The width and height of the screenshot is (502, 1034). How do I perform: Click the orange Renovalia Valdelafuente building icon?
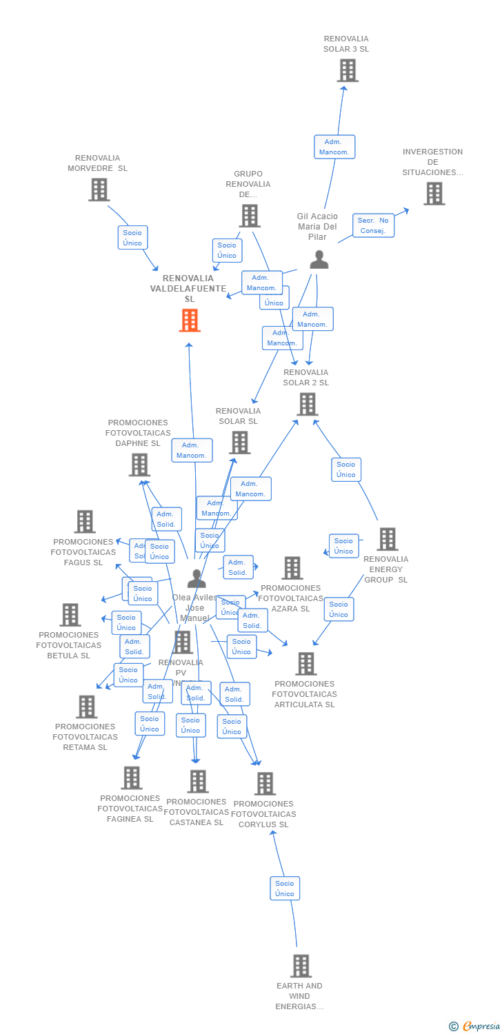click(x=190, y=321)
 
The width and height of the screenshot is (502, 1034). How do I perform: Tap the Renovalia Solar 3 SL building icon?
click(x=348, y=70)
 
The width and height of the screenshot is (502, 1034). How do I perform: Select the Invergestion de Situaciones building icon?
click(x=434, y=194)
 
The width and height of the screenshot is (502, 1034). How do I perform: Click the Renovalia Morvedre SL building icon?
click(x=99, y=190)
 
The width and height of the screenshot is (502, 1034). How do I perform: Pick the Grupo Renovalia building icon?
click(x=249, y=216)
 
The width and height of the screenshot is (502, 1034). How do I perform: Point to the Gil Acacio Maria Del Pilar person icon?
click(x=319, y=260)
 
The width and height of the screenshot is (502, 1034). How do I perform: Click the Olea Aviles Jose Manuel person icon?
click(x=197, y=578)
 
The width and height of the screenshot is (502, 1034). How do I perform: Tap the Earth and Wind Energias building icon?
click(x=301, y=966)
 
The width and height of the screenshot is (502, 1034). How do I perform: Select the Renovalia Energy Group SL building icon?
click(x=387, y=539)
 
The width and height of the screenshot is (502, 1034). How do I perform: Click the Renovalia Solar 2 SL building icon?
click(x=307, y=404)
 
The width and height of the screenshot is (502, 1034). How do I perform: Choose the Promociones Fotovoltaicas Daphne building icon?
click(x=139, y=465)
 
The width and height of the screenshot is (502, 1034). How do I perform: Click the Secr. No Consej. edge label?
click(x=373, y=225)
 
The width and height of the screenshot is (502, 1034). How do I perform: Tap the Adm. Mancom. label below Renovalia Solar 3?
click(x=334, y=147)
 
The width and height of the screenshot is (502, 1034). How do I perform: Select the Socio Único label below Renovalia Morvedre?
click(x=132, y=238)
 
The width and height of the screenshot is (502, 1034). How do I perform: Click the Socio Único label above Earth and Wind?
click(x=284, y=889)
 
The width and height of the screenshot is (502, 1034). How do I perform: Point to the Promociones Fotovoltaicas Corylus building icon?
click(x=265, y=784)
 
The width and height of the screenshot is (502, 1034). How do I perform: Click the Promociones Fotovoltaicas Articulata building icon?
click(x=305, y=664)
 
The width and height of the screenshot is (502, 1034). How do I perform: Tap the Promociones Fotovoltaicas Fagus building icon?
click(x=85, y=522)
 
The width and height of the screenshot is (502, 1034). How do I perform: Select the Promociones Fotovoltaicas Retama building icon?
click(x=86, y=707)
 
